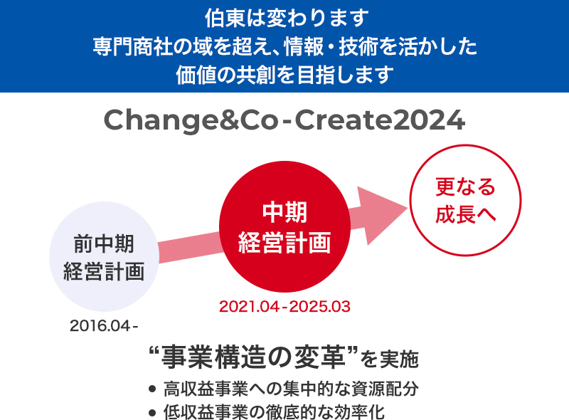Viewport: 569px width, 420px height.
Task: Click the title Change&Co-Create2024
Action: click(x=284, y=120)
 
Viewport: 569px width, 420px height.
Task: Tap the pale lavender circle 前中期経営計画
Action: click(x=104, y=256)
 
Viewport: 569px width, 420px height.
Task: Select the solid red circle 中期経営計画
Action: click(x=285, y=226)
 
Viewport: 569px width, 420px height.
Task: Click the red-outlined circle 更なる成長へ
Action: click(x=466, y=200)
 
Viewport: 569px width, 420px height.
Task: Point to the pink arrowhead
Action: click(x=381, y=215)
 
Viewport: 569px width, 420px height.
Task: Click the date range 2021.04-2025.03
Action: click(x=285, y=307)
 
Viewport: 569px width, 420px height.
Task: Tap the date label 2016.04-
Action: click(x=104, y=326)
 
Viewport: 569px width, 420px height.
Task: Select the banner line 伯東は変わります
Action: click(x=287, y=18)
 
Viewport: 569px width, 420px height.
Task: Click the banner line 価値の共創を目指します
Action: click(x=285, y=75)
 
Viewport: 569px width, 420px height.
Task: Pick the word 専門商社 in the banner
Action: click(x=132, y=46)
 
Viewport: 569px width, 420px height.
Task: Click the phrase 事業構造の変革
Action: click(x=253, y=357)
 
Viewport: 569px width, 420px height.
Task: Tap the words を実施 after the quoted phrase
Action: click(x=389, y=359)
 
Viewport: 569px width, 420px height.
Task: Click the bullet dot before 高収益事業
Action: click(x=152, y=389)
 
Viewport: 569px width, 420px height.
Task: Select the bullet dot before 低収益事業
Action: click(x=152, y=413)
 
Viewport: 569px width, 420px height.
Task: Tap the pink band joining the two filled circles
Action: click(x=189, y=247)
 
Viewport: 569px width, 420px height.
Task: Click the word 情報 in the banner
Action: click(x=304, y=46)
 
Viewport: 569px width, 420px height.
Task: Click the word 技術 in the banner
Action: click(x=358, y=46)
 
